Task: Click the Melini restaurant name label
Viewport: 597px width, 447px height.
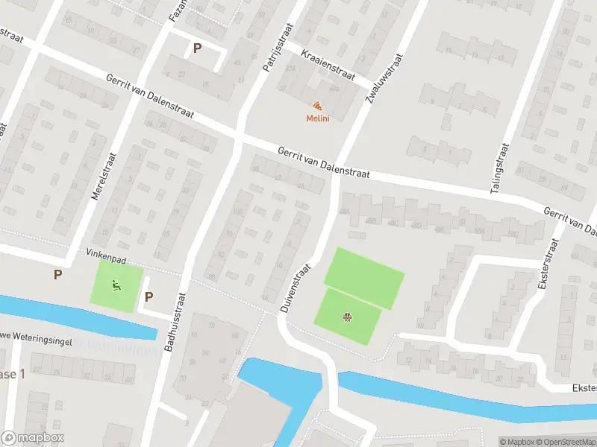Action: pos(318,118)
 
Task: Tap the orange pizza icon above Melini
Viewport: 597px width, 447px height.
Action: pos(318,107)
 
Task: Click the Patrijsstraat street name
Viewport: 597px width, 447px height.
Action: pos(277,47)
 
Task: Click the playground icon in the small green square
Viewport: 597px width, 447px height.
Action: pos(116,284)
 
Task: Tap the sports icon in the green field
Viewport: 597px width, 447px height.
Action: pos(347,318)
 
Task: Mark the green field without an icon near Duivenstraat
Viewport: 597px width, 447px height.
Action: pos(365,276)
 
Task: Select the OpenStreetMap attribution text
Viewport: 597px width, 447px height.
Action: pos(567,442)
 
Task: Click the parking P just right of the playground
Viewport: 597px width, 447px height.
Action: pos(149,296)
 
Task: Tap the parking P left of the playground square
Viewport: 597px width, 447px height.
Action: pos(57,274)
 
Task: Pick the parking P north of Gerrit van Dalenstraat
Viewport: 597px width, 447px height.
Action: pos(197,48)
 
